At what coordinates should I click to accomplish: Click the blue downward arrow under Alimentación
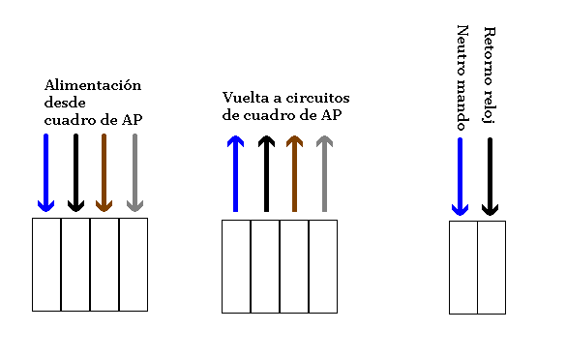click(45, 172)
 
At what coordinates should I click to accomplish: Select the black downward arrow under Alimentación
click(75, 172)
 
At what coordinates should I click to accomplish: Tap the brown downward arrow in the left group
click(104, 172)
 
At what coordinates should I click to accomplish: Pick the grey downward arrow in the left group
click(134, 172)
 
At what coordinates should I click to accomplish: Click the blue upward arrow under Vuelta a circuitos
click(235, 173)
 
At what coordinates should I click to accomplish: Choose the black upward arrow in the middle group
click(265, 173)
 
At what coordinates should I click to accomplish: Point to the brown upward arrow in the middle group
click(295, 173)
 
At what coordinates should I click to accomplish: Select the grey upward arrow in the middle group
click(324, 173)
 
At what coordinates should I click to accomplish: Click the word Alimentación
click(93, 85)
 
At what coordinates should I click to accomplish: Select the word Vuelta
click(243, 99)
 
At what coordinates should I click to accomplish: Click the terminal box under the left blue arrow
click(46, 263)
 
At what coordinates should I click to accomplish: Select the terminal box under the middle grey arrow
click(323, 266)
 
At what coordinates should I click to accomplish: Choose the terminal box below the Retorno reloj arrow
click(492, 267)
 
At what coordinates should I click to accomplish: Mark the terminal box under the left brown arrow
click(104, 263)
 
